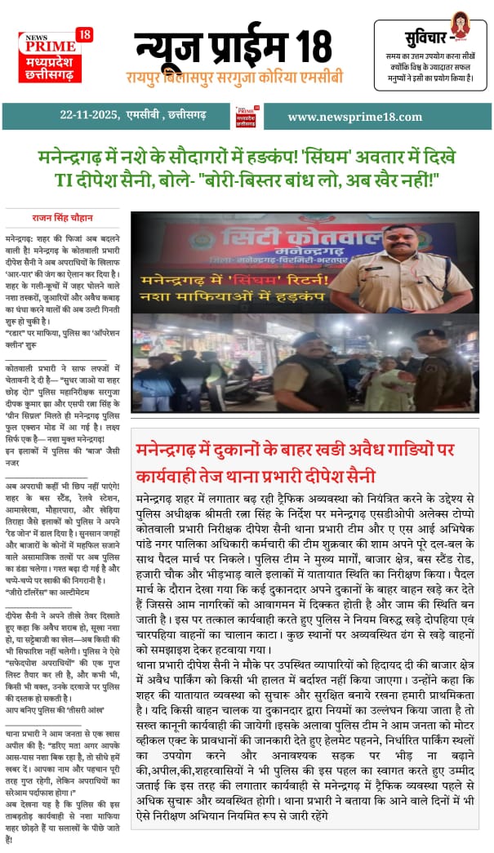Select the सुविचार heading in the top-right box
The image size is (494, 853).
click(425, 38)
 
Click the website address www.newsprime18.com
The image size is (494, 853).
click(354, 117)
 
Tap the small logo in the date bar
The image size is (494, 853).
click(246, 116)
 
